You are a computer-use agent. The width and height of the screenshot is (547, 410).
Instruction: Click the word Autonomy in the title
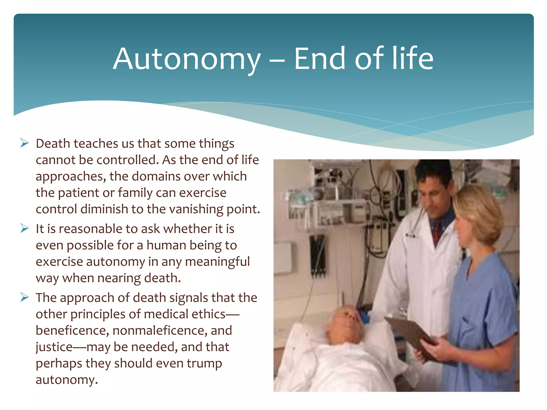click(186, 59)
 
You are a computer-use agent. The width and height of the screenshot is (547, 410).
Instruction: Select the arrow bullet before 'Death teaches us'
click(24, 143)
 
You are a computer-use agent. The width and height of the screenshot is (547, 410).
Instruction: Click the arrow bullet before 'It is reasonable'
click(24, 228)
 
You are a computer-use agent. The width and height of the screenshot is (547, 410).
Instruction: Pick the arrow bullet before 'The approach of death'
click(24, 297)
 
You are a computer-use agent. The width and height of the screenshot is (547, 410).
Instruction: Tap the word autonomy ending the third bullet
click(66, 380)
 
